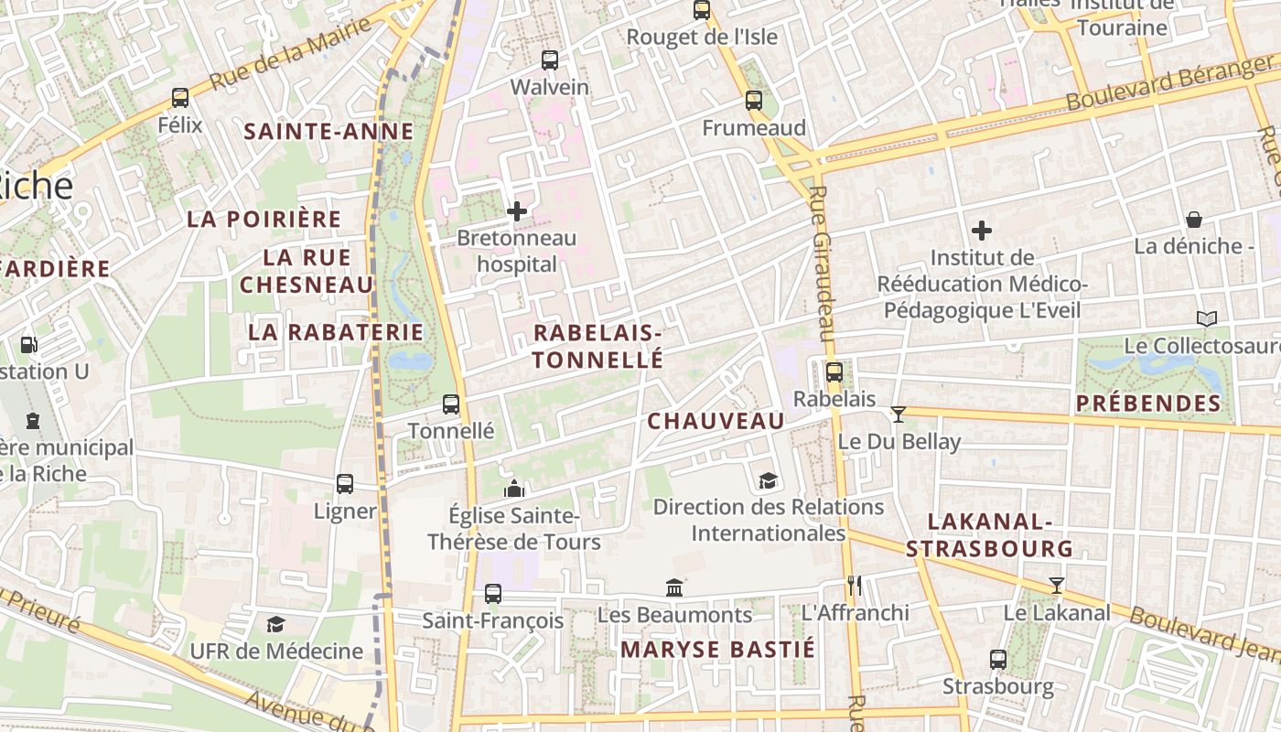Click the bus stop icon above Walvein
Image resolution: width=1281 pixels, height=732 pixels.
pyautogui.click(x=549, y=60)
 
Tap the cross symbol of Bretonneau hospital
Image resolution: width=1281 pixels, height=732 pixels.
pyautogui.click(x=517, y=211)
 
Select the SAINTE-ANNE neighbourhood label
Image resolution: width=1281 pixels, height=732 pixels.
pyautogui.click(x=328, y=131)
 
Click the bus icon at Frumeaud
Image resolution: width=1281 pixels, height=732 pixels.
pyautogui.click(x=753, y=101)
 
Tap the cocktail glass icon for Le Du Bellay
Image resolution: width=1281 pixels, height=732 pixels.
pyautogui.click(x=899, y=414)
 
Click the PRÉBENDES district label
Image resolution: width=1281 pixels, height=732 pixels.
pyautogui.click(x=1148, y=404)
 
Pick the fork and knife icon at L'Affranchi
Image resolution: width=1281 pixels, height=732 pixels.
pyautogui.click(x=854, y=585)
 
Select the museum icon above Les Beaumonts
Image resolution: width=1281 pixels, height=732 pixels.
pyautogui.click(x=674, y=587)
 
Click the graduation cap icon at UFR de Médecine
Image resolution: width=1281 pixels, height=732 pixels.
pyautogui.click(x=275, y=624)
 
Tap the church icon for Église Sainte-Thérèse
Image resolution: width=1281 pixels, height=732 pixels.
pyautogui.click(x=514, y=489)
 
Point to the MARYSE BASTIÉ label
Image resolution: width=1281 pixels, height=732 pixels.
pyautogui.click(x=717, y=650)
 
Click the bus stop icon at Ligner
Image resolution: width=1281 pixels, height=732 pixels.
pyautogui.click(x=345, y=483)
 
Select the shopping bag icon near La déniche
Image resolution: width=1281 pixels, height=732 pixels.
pyautogui.click(x=1194, y=220)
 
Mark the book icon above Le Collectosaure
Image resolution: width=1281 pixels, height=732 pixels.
pyautogui.click(x=1207, y=318)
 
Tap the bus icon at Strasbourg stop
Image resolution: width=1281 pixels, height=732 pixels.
pyautogui.click(x=998, y=659)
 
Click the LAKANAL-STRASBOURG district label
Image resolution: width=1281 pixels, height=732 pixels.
pyautogui.click(x=989, y=535)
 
